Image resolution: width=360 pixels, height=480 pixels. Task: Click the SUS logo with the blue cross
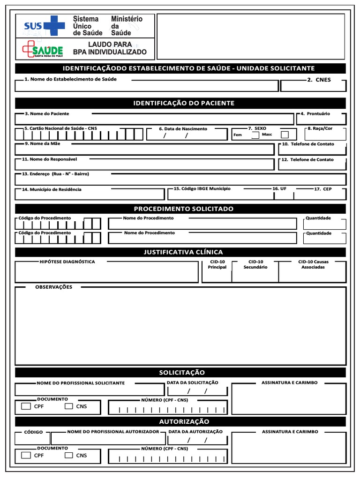[x=44, y=25]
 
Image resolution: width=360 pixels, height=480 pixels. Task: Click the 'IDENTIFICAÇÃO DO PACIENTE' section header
[x=180, y=103]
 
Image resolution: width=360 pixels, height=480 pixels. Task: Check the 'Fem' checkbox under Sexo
[x=255, y=135]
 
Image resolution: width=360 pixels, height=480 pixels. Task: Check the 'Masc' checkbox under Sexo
[x=285, y=135]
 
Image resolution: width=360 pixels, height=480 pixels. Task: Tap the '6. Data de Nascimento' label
[x=183, y=128]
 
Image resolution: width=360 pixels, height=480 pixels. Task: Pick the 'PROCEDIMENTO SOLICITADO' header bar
[x=180, y=209]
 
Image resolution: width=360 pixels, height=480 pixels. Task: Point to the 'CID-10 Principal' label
[x=217, y=264]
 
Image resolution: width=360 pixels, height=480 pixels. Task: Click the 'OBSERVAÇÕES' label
[x=54, y=287]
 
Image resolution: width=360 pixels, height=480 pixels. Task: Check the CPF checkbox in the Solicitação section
[x=26, y=406]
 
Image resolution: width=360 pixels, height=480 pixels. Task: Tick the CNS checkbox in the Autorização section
[x=69, y=455]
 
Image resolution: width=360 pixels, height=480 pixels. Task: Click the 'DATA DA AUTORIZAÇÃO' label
[x=195, y=432]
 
